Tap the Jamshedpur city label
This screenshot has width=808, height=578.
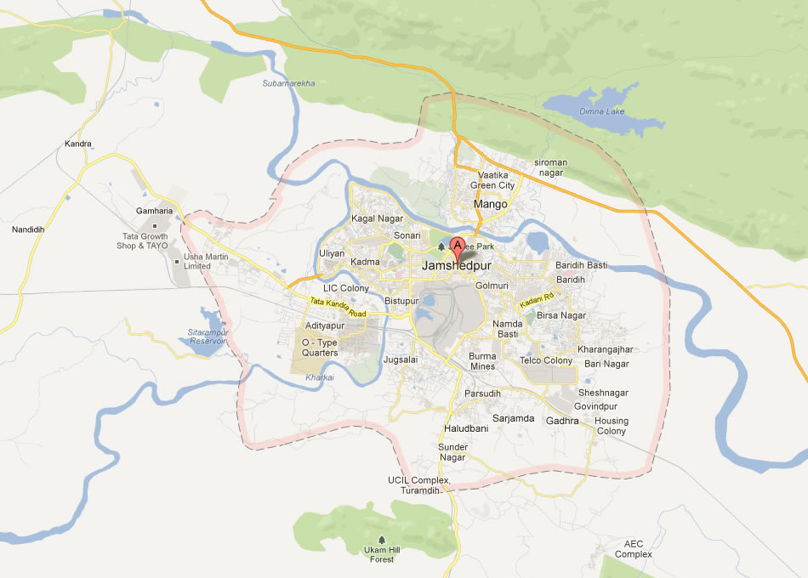click(456, 266)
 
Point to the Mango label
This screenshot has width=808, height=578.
click(490, 204)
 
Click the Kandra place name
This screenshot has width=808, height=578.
click(78, 144)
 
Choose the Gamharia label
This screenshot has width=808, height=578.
click(154, 211)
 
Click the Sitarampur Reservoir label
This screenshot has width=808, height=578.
click(208, 336)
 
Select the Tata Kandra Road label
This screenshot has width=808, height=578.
click(338, 308)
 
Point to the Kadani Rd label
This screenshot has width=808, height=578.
click(538, 299)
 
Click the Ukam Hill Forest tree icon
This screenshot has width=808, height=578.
click(381, 540)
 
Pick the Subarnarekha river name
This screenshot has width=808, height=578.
click(289, 83)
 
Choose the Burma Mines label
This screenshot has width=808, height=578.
click(482, 360)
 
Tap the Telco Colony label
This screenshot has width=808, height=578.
click(546, 360)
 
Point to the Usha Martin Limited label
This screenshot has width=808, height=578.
click(196, 261)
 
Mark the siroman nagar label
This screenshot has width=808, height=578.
click(550, 167)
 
